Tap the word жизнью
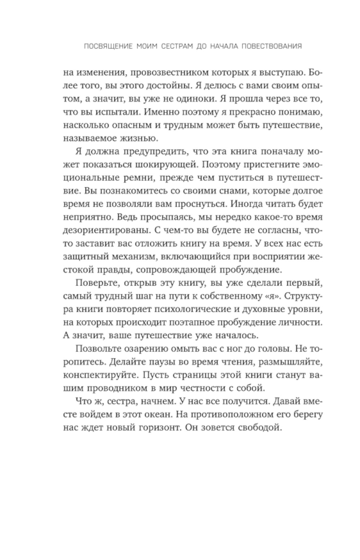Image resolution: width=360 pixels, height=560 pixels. coord(141,139)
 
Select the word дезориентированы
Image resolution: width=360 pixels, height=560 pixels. coord(104,232)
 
